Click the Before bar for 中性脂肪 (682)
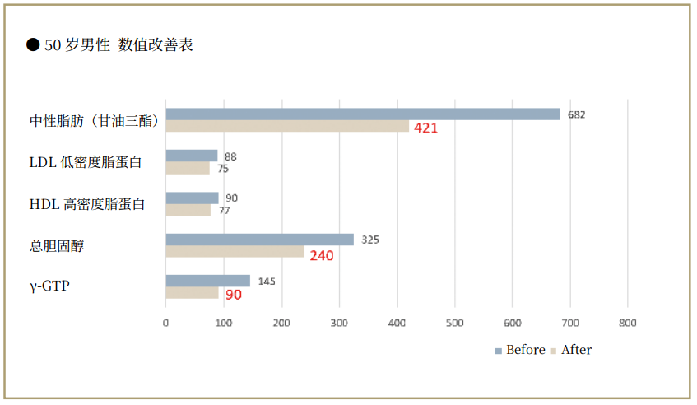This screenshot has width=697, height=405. click(362, 114)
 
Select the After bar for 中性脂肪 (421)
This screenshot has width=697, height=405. click(287, 127)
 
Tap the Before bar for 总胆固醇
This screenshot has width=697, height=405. click(259, 240)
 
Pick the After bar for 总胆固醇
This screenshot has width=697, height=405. click(235, 252)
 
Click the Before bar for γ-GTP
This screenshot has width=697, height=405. click(207, 281)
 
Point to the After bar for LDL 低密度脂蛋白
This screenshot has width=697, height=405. click(188, 168)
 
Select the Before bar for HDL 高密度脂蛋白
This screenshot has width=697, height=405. click(192, 198)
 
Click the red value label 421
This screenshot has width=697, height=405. click(425, 128)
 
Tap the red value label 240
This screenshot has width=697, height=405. click(321, 256)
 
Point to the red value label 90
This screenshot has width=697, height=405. click(234, 295)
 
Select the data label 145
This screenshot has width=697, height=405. click(267, 281)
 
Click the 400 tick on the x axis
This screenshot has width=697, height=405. click(397, 324)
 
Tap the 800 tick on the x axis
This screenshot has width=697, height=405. click(628, 324)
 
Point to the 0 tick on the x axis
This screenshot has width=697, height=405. click(166, 324)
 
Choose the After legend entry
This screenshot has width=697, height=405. click(570, 350)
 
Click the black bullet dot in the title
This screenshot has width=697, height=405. click(33, 45)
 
